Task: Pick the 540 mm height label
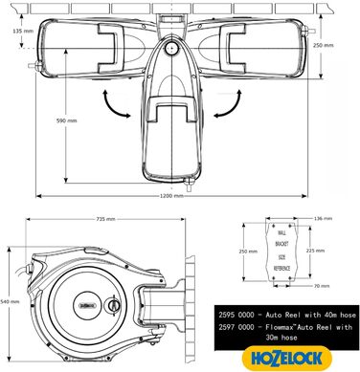click(x=11, y=301)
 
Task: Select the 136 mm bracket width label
click(x=325, y=220)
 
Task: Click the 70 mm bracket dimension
click(x=324, y=285)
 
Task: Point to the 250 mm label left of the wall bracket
click(x=249, y=252)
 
